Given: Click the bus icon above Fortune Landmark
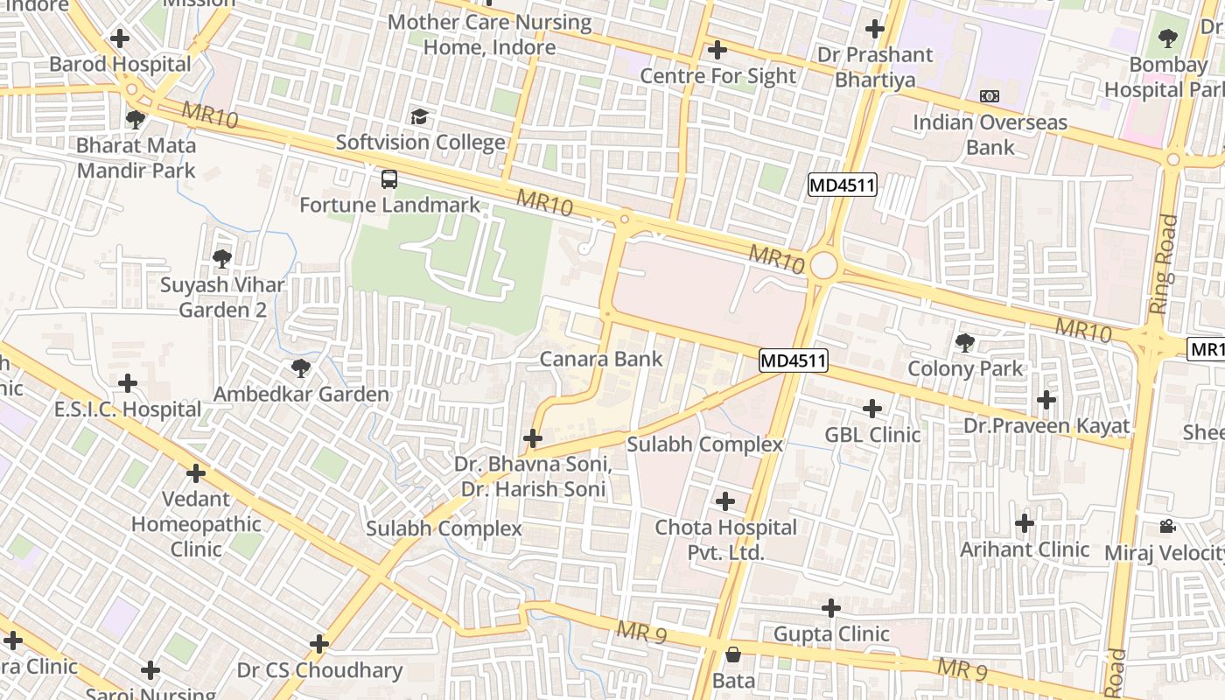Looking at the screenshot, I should coord(389,179).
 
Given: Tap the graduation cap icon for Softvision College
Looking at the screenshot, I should coord(420,117).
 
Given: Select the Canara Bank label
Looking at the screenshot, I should coord(601,359).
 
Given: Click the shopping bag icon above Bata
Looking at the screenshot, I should coord(733,654).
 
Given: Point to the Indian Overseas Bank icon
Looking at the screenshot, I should coord(990,96).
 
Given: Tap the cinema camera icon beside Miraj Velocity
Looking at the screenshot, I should coord(1166,526).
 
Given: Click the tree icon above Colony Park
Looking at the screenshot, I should coord(965,342).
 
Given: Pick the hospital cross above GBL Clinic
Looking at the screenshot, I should coord(872,409).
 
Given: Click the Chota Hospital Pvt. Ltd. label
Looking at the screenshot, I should coord(726,540).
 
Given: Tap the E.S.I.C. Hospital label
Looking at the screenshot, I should coord(128,409).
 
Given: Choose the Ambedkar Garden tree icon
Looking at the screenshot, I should coord(301,368).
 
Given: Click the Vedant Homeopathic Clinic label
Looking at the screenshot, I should coord(196,524).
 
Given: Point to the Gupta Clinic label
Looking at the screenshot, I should coord(831,633).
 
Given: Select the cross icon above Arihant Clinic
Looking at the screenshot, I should coord(1024,524).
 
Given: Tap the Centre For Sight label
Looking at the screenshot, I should coord(718,76).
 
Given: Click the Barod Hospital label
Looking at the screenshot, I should coord(120,64).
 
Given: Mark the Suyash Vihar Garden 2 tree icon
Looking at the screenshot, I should coord(221,258).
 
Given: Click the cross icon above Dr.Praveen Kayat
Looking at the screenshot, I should coord(1046,401).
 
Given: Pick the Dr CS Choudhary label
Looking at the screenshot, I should coord(320,671).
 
